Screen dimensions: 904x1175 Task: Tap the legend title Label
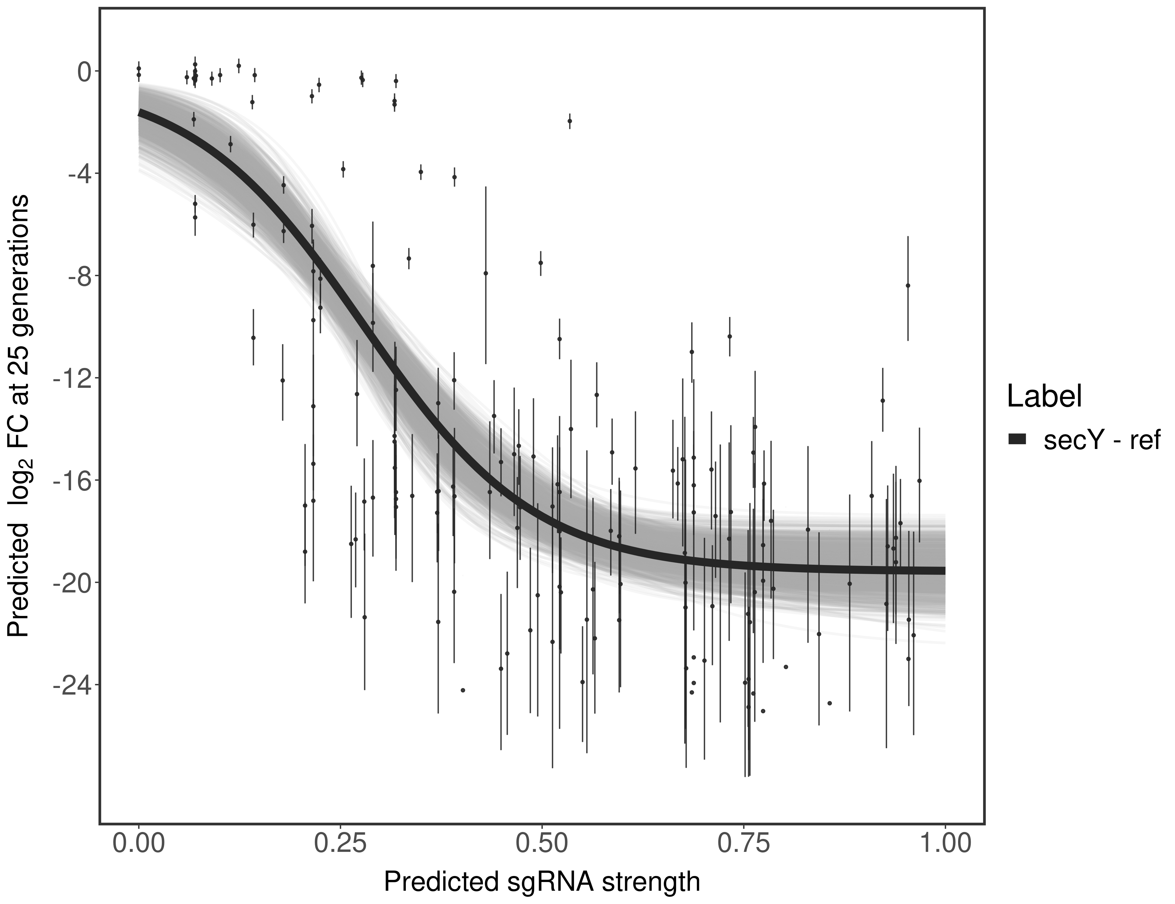1044,397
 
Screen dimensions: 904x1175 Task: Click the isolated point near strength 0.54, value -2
570,121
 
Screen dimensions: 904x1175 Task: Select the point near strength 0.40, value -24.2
463,690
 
